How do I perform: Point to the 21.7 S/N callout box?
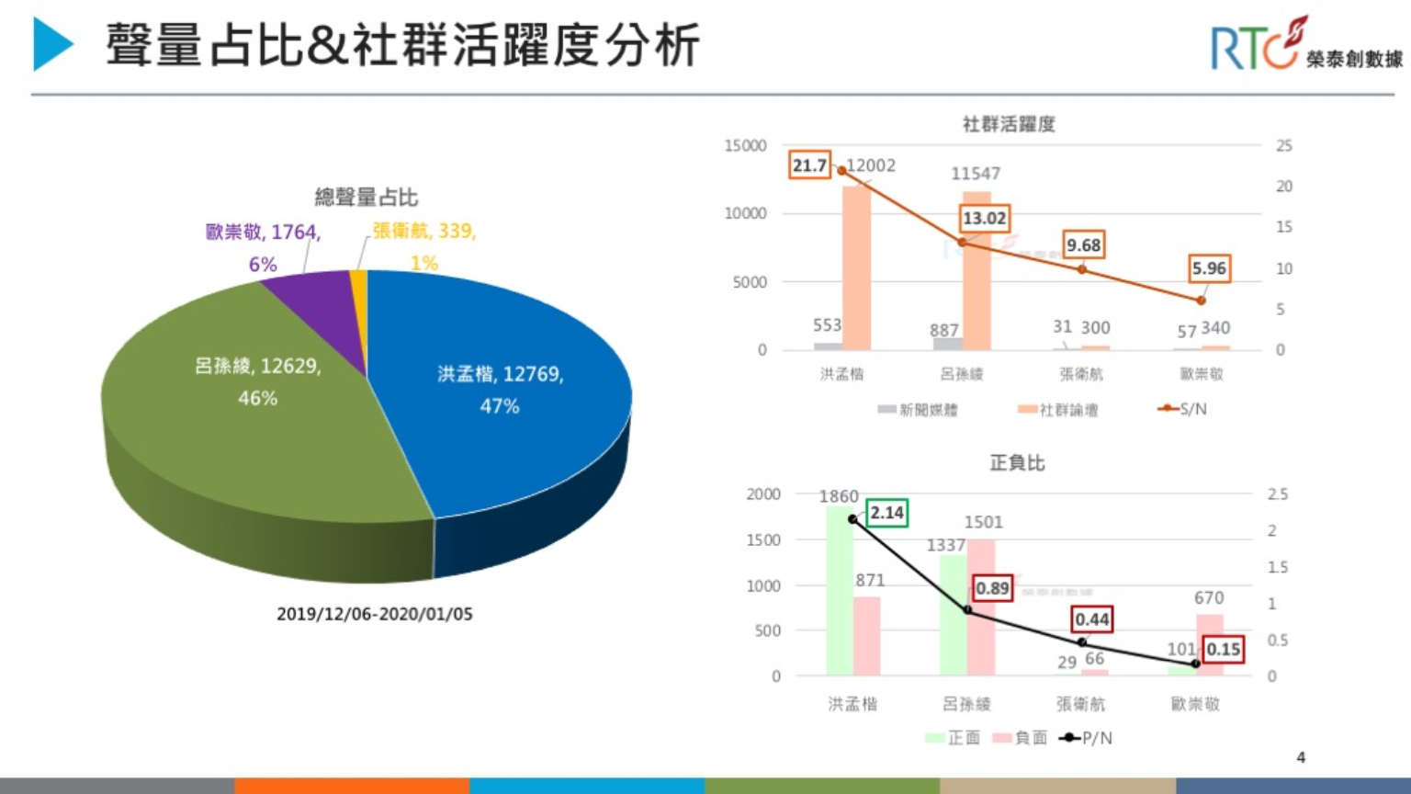809,165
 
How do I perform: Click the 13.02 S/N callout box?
984,219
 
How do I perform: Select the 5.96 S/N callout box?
1208,268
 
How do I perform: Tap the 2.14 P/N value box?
886,513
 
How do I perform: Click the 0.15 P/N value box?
1223,649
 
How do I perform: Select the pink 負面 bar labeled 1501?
981,607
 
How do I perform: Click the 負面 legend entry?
1021,738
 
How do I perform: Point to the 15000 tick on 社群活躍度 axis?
745,146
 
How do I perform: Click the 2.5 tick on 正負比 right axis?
1278,494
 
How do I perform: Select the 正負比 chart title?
1017,462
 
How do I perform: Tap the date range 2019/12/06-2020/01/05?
375,614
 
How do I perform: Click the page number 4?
1301,757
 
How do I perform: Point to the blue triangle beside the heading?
51,44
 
